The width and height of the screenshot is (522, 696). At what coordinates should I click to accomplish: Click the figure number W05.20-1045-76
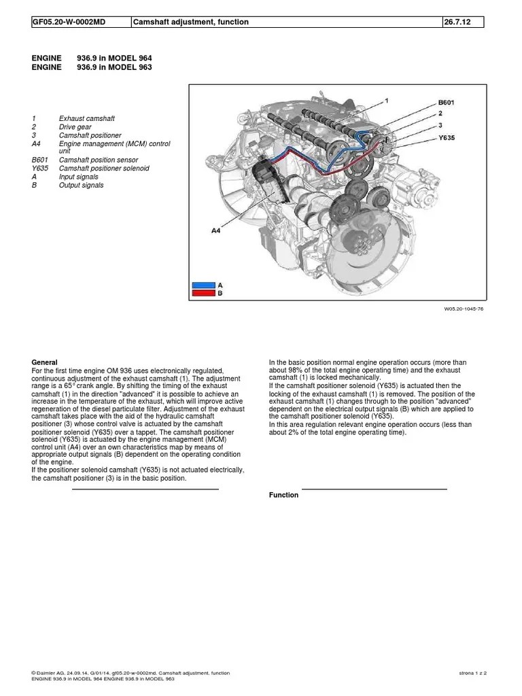tap(464, 308)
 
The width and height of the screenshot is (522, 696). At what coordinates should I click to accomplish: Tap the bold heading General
tap(45, 362)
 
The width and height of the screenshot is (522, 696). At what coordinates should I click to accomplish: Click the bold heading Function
tap(283, 495)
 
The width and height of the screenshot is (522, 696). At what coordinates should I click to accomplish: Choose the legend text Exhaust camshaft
tap(86, 119)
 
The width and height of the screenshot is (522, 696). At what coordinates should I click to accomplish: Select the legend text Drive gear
tap(75, 127)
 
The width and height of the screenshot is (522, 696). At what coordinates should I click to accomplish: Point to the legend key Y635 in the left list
tap(40, 169)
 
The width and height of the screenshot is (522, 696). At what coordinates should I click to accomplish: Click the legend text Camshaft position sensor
tap(99, 160)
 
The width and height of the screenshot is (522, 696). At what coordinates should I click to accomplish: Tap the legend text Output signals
tap(82, 185)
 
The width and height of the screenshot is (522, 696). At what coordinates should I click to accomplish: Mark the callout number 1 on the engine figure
tap(386, 100)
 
